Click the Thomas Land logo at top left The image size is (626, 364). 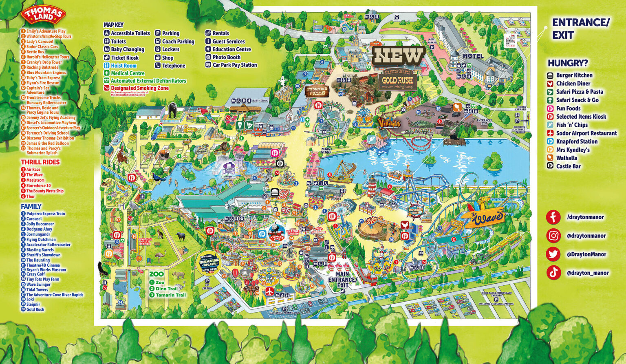click(x=44, y=15)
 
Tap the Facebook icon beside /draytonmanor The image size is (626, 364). click(x=553, y=217)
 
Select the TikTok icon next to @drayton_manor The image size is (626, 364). click(x=553, y=273)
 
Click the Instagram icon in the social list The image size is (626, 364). click(x=553, y=236)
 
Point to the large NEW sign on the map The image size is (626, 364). click(x=398, y=56)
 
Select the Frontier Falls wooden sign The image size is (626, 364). click(x=317, y=91)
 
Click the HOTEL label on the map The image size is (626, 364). click(x=473, y=56)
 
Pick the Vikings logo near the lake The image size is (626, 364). click(x=388, y=122)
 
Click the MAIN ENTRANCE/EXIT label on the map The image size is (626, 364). click(x=343, y=280)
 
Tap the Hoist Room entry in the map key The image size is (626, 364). click(x=123, y=66)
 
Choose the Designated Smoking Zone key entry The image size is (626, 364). click(x=139, y=88)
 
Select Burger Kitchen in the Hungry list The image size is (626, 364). click(x=574, y=75)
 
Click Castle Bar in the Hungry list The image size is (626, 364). click(x=568, y=166)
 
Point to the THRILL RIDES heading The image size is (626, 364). click(x=40, y=162)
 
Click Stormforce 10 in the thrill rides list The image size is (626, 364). click(x=38, y=185)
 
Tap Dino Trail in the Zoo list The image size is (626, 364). click(x=166, y=289)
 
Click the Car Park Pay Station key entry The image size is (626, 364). click(x=234, y=65)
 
